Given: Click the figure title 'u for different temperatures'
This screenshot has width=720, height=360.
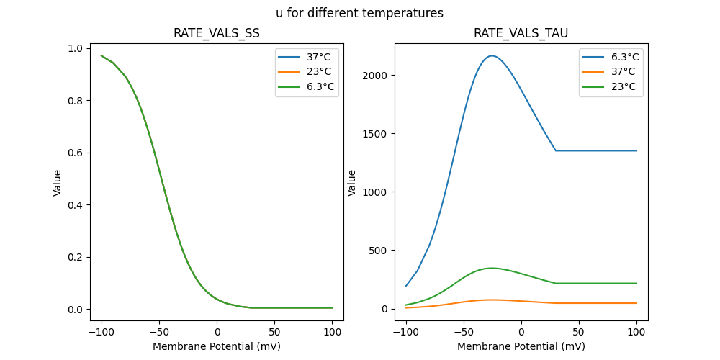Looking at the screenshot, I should [359, 13].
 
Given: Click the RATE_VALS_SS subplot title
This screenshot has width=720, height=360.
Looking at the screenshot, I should [217, 33].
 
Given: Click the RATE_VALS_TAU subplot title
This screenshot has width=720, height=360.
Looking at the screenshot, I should [521, 33].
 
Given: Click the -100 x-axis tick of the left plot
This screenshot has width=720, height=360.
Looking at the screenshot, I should [102, 332].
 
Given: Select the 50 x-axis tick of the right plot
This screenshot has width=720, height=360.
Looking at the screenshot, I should [579, 332].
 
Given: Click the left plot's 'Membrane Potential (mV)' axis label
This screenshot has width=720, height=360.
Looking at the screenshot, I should [217, 346].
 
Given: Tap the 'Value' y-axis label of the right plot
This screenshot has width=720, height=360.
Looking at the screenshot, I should [352, 182].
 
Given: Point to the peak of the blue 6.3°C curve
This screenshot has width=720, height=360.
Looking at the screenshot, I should [492, 55].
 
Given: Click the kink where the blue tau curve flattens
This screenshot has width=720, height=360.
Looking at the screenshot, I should [556, 150].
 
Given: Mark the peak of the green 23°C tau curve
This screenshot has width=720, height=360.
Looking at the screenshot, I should [492, 268].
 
